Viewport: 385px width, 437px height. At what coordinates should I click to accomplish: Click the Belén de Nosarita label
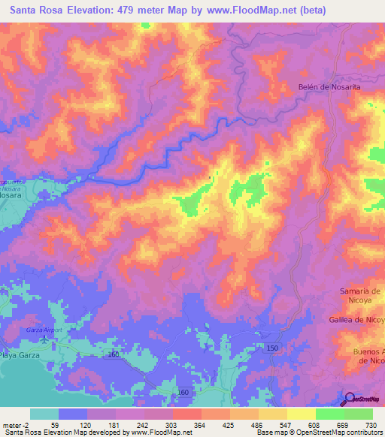[x=329, y=88]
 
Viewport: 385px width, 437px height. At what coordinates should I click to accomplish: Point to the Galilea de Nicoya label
[x=356, y=320]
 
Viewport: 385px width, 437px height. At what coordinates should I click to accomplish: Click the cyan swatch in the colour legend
[x=44, y=414]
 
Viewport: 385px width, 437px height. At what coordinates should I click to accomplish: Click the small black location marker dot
[x=210, y=177]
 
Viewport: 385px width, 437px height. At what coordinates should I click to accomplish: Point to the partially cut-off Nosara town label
[x=10, y=194]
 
